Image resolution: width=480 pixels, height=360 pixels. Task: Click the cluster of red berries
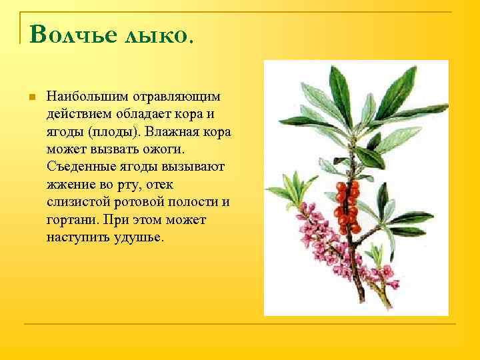(347, 203)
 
